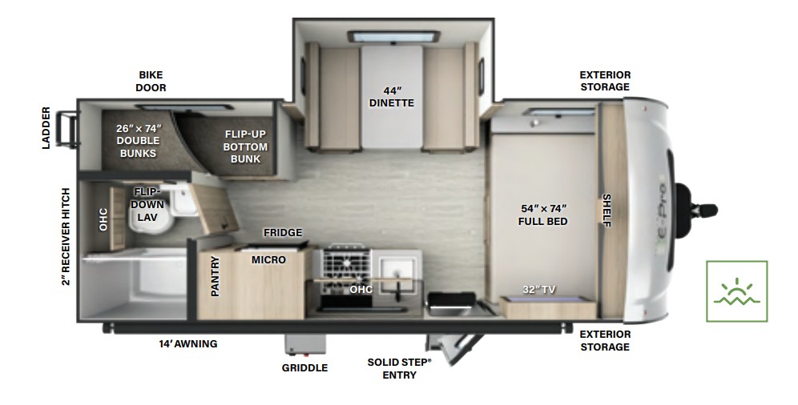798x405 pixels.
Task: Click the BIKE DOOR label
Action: (x=151, y=81)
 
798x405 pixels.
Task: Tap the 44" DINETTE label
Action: (x=392, y=96)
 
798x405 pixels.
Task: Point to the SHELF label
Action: (x=607, y=211)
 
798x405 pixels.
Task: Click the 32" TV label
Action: (x=539, y=289)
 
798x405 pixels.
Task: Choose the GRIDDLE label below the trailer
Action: (x=304, y=368)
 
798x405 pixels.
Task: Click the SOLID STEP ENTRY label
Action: (x=399, y=368)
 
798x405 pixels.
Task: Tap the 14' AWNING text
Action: (x=188, y=344)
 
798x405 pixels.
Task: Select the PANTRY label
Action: (x=215, y=276)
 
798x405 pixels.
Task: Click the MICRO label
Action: (x=268, y=260)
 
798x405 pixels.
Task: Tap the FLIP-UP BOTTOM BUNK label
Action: (x=245, y=146)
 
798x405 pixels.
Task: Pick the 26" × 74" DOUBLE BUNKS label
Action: (x=139, y=140)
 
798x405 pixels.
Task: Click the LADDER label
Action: (x=46, y=128)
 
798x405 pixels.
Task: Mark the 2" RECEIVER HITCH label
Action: (x=66, y=237)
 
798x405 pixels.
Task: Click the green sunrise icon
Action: (x=736, y=291)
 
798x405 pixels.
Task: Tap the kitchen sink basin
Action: (x=398, y=267)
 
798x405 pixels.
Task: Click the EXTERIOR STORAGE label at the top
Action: (x=605, y=81)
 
